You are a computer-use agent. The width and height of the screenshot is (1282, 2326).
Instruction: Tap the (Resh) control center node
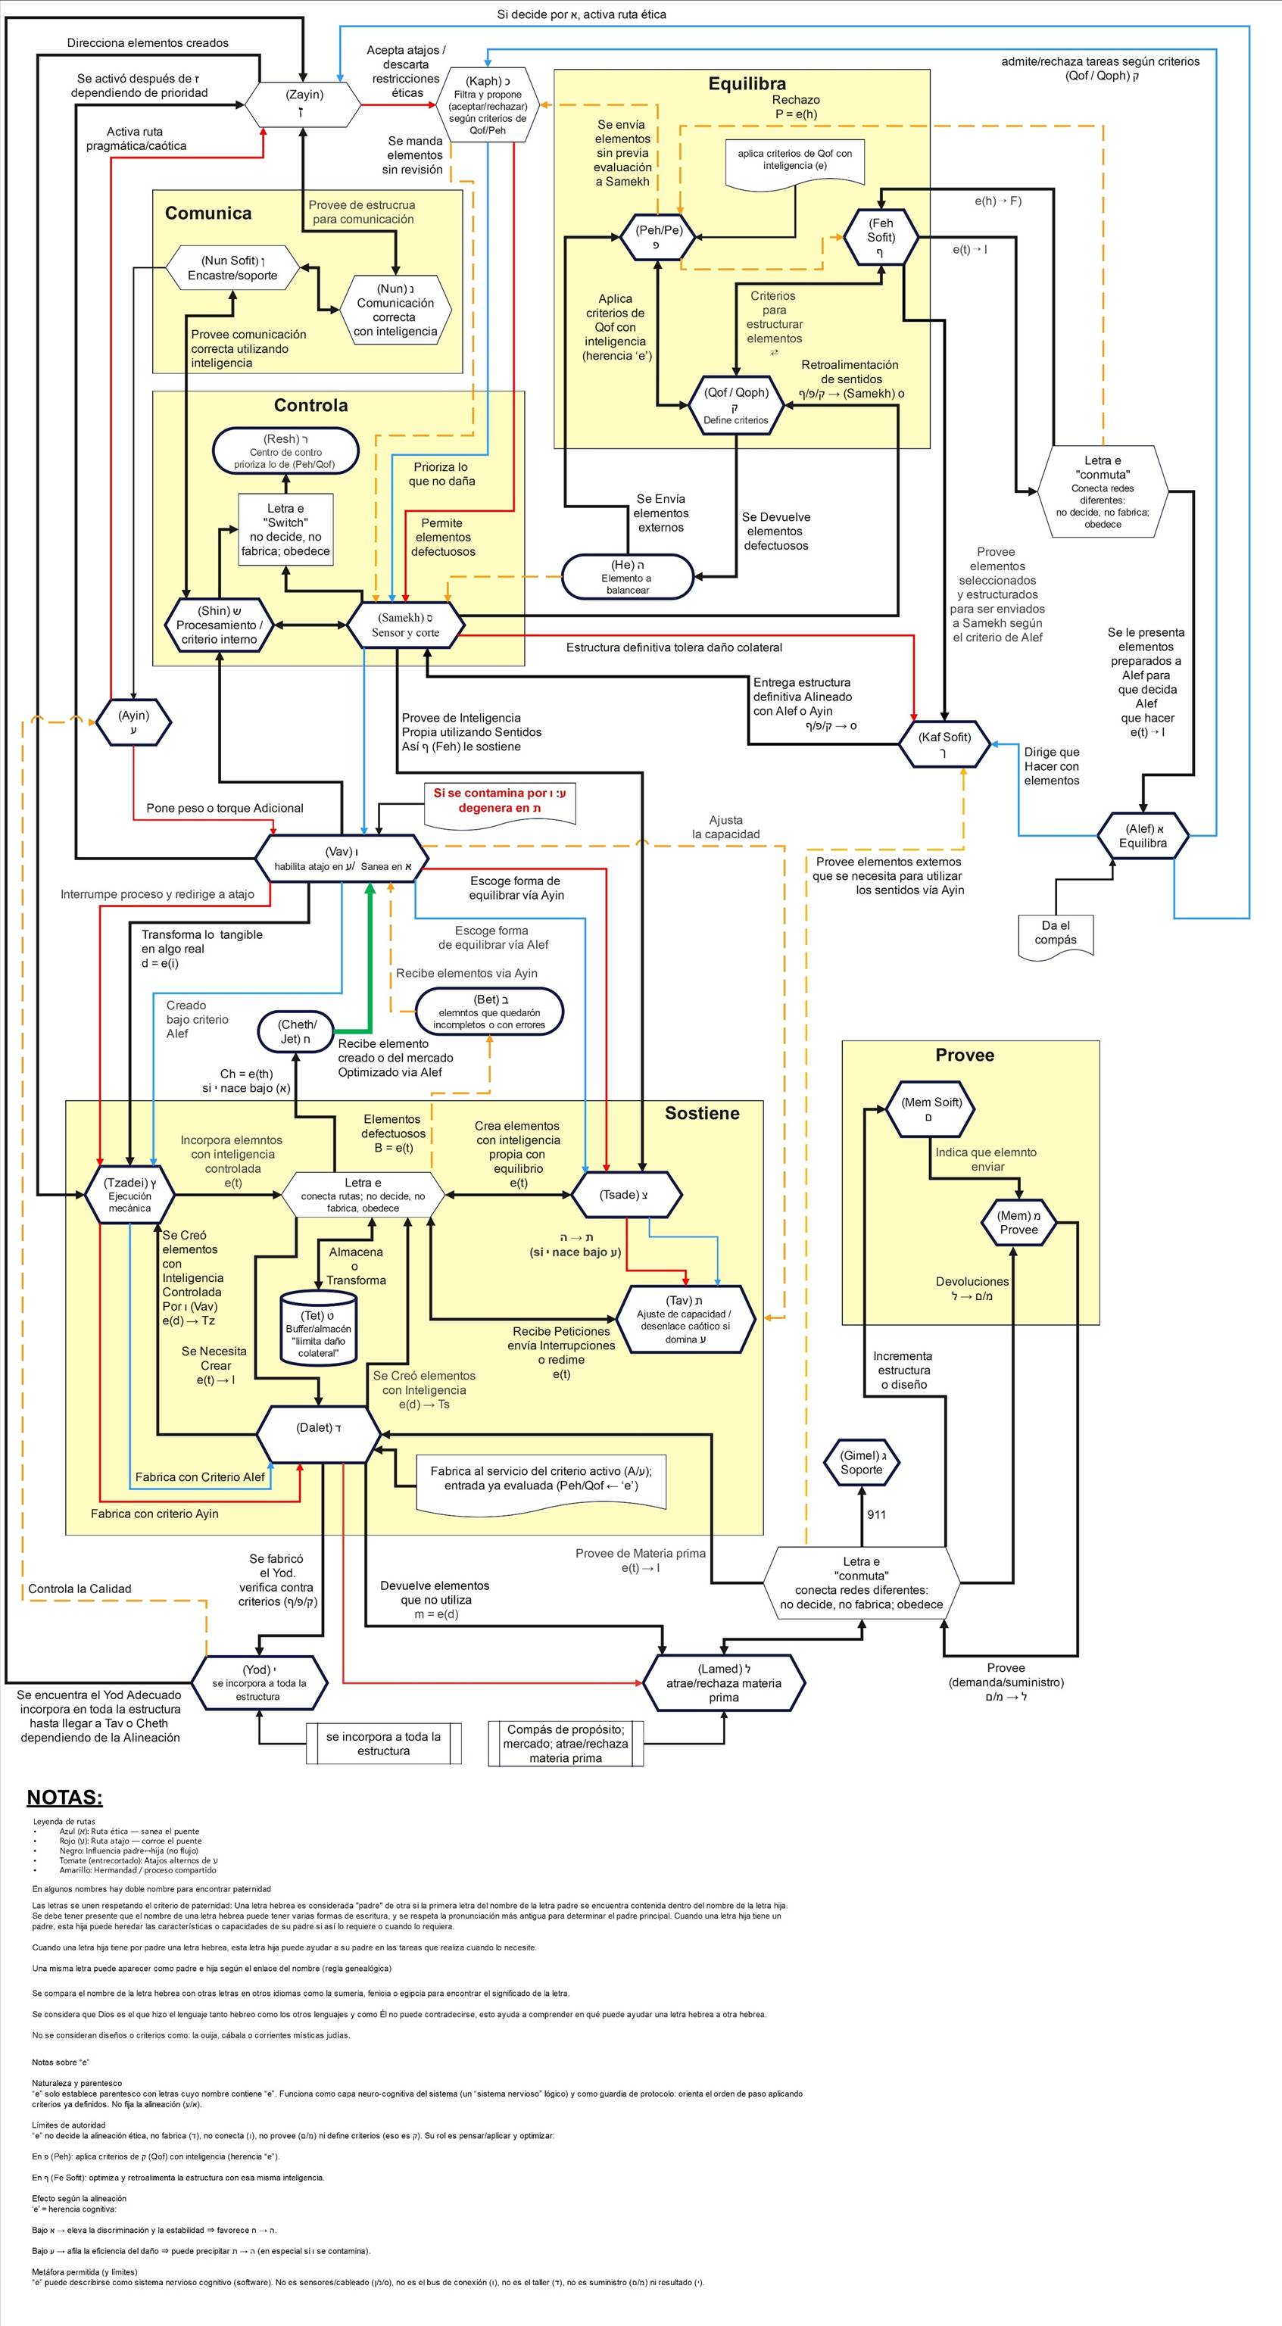[285, 451]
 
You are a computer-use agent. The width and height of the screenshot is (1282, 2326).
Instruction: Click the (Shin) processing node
[219, 625]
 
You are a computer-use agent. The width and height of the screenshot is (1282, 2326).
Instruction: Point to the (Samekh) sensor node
[405, 625]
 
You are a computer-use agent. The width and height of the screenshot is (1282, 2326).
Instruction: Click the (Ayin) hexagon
[133, 722]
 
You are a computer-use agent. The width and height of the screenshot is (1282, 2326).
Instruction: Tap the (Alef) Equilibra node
[1142, 835]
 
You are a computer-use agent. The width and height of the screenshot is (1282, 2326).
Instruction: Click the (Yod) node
[258, 1683]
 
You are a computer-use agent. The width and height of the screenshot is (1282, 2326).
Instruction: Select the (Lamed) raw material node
[723, 1683]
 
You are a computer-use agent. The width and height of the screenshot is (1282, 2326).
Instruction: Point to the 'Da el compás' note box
[1056, 933]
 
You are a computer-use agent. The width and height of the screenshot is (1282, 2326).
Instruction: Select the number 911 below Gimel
[875, 1514]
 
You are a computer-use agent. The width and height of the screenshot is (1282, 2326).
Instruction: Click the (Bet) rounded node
[489, 1012]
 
